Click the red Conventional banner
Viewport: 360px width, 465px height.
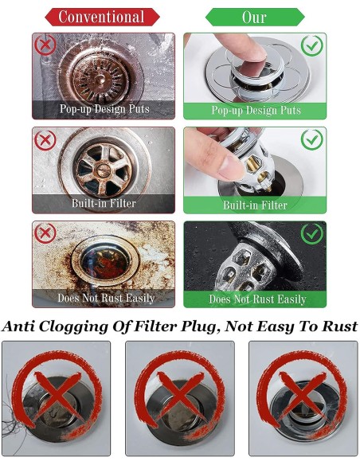(102, 17)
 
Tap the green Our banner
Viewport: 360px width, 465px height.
(255, 17)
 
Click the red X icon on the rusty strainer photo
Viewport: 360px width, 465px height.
(45, 45)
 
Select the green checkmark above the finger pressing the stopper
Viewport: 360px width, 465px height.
(311, 45)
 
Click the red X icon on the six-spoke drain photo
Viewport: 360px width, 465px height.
(45, 140)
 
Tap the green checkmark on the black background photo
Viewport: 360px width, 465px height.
(311, 233)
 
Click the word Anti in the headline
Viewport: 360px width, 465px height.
(18, 326)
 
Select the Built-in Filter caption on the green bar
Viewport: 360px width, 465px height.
(255, 205)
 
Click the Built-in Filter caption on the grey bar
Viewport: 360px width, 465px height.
(104, 204)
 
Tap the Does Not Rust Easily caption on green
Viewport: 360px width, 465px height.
(257, 299)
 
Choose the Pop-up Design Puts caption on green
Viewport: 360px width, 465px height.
(256, 111)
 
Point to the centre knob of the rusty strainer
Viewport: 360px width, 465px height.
(101, 79)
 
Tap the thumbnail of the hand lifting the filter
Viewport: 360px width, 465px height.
(255, 170)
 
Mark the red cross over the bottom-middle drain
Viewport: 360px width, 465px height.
(179, 395)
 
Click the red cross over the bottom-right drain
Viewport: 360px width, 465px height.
(302, 395)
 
